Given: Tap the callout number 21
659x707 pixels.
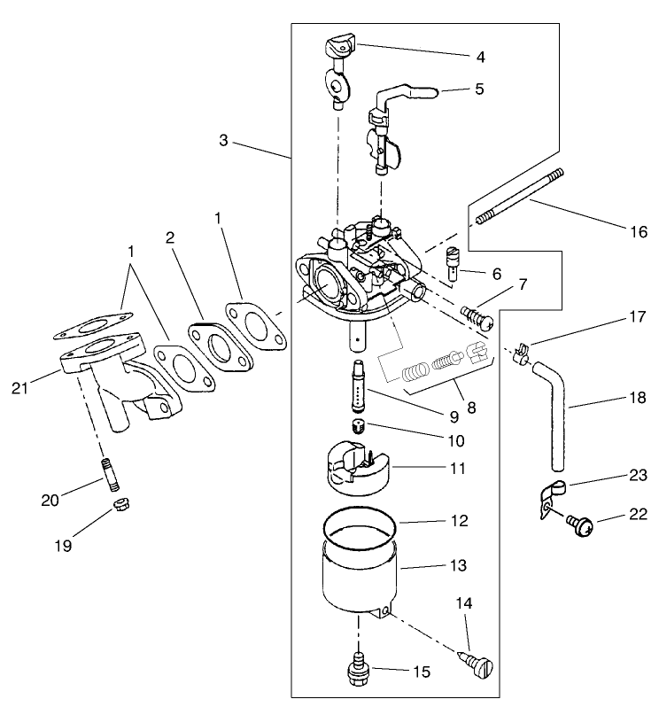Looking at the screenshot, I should tap(20, 386).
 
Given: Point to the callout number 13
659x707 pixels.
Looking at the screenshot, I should tap(459, 563).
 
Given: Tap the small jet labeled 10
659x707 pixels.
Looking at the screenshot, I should tap(358, 428).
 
